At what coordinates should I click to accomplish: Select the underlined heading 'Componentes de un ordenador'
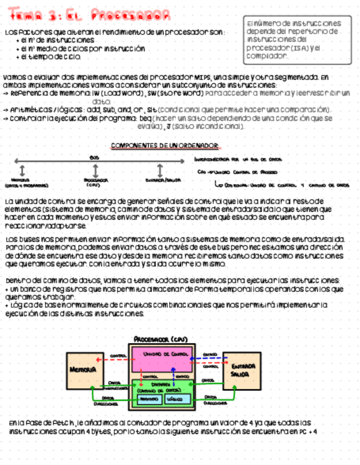(165, 145)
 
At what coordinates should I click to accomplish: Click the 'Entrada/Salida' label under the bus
(160, 180)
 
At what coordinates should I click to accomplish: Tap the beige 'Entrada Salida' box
(241, 370)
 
